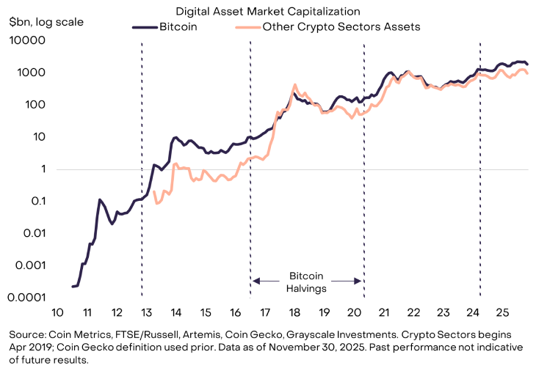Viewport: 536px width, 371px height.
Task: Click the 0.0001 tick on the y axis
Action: point(27,298)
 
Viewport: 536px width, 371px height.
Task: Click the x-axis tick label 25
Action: point(503,310)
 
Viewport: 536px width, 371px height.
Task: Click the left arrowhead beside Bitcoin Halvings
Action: point(256,280)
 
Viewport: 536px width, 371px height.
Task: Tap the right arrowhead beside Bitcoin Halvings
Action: point(359,280)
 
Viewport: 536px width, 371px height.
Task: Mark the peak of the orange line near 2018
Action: point(294,84)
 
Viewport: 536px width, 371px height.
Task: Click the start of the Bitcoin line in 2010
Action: point(72,287)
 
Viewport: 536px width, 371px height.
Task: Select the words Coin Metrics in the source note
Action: point(73,334)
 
